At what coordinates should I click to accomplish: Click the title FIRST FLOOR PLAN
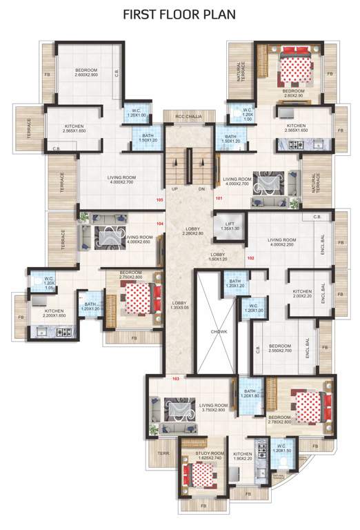[179, 13]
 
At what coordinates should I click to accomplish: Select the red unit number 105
[160, 200]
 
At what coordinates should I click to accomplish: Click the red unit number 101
[219, 199]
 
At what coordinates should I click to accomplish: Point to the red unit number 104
[159, 224]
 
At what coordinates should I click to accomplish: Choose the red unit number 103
[176, 379]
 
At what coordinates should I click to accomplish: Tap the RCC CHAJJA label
[188, 116]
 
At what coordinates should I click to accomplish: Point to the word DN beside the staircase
[202, 188]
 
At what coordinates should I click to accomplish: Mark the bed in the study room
[201, 476]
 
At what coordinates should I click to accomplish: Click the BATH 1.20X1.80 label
[249, 394]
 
